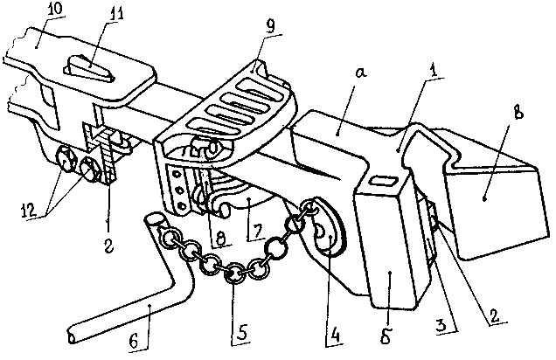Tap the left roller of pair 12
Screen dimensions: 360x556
pos(66,159)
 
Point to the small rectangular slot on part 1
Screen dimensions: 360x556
pos(381,180)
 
